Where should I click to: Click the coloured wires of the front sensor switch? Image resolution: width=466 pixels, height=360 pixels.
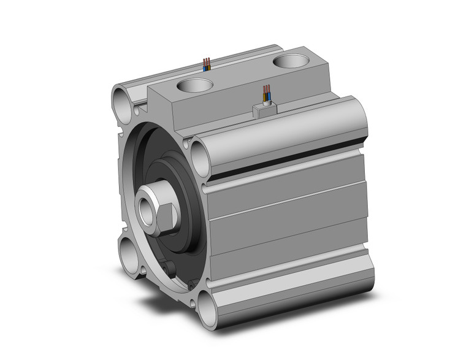[x=266, y=94]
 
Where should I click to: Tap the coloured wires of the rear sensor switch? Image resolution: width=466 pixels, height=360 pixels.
[x=207, y=64]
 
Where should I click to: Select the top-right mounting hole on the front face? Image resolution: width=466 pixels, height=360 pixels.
[x=201, y=158]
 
